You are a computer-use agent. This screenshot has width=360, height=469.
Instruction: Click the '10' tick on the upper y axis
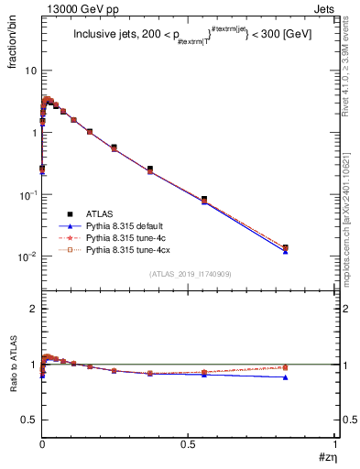pos(29,71)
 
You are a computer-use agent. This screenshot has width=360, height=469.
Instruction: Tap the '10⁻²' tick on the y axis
pos(26,256)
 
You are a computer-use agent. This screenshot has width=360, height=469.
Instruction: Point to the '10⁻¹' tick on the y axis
pos(26,194)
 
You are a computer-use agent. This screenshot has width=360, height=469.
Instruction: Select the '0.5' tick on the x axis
pos(188,445)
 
